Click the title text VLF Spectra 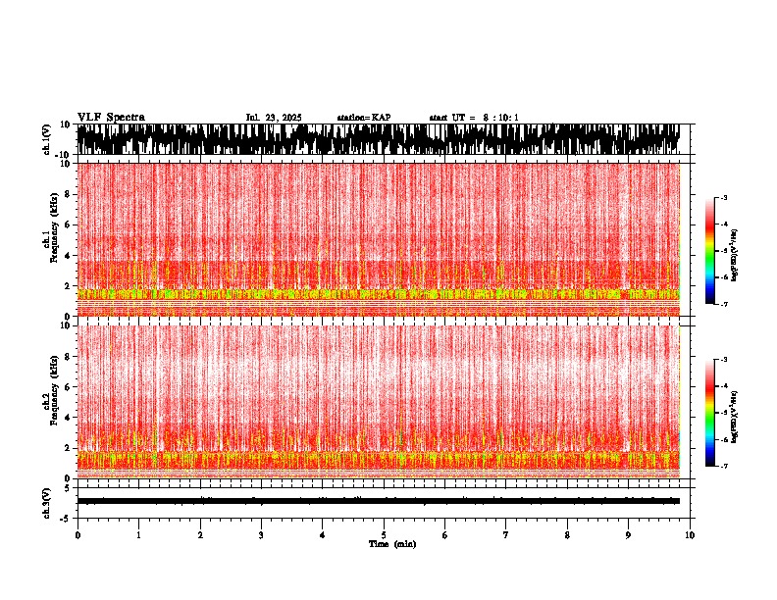(x=111, y=118)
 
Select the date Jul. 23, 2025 (x=273, y=118)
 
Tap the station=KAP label (x=363, y=118)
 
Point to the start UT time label (x=474, y=118)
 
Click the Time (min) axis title (x=391, y=543)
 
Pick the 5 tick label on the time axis (x=384, y=534)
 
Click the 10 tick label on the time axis (x=690, y=534)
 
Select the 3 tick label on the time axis (x=261, y=534)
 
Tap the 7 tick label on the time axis (x=506, y=534)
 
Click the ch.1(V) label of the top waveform (x=47, y=139)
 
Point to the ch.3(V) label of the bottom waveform (x=47, y=501)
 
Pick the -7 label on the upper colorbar (x=723, y=304)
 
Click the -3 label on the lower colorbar (x=723, y=360)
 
